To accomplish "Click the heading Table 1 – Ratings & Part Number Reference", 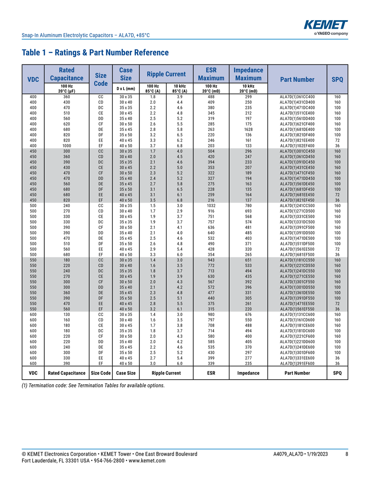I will click(x=95, y=53).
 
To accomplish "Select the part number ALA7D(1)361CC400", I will click(x=297, y=97).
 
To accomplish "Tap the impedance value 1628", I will click(x=248, y=129).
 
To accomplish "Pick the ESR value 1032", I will click(x=211, y=206).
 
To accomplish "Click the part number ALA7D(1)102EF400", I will click(x=297, y=146).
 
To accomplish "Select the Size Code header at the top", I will click(x=100, y=79).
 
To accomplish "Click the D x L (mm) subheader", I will click(x=126, y=89).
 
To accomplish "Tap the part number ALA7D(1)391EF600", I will click(x=297, y=363).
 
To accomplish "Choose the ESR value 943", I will click(x=211, y=260).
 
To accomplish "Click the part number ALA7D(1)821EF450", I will click(x=297, y=200).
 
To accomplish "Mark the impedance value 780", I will click(x=248, y=206).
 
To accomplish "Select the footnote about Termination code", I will click(x=93, y=385).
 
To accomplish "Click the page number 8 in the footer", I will click(x=346, y=454).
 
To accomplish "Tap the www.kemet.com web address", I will click(x=148, y=460).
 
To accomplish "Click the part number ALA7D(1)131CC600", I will click(x=297, y=314).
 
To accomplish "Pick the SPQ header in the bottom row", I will click(x=337, y=373).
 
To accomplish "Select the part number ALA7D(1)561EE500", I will click(x=297, y=249).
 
